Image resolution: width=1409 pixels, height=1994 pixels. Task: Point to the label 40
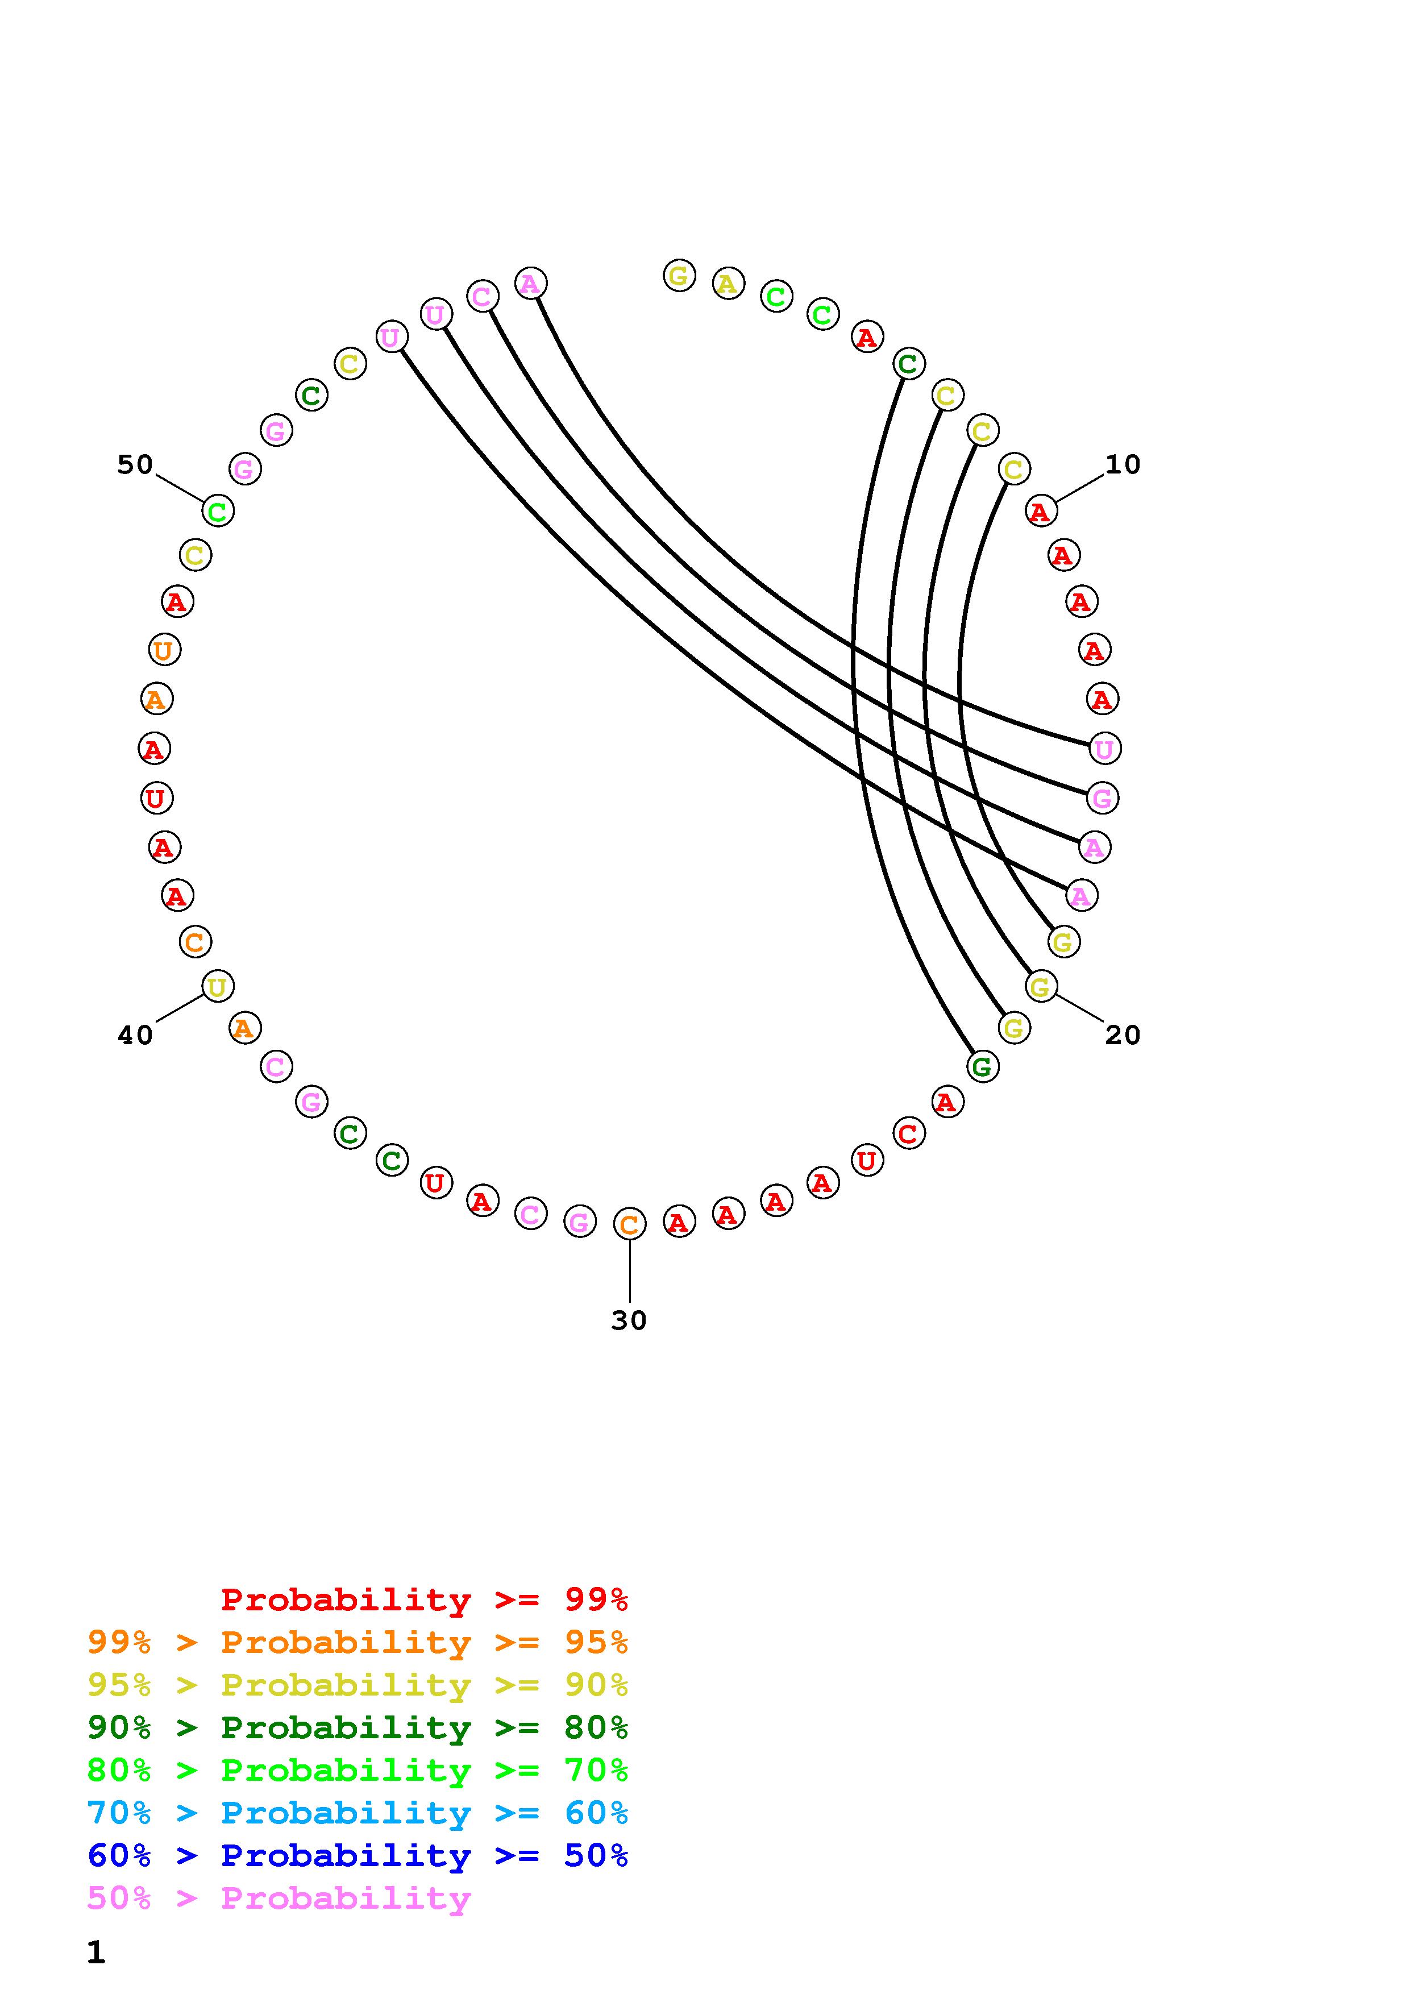[135, 1035]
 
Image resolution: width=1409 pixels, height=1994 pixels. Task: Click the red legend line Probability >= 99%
[425, 1600]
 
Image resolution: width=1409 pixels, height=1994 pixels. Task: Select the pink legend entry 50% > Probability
[279, 1899]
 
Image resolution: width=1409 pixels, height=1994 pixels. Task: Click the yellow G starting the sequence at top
[679, 276]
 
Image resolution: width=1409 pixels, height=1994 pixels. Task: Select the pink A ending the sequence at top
[530, 283]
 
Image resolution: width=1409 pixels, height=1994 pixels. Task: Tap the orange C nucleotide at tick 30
[629, 1224]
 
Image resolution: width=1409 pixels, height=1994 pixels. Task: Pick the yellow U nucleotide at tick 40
[218, 987]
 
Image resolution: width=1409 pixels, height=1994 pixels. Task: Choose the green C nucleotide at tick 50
[218, 512]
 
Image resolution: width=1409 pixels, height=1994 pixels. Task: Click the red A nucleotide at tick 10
[1040, 512]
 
